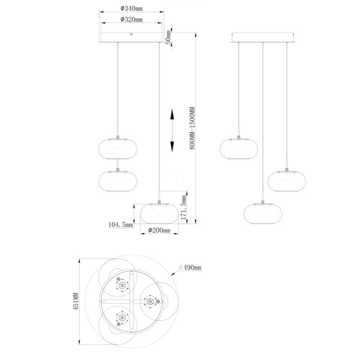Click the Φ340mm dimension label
[131, 8]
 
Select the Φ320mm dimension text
[131, 19]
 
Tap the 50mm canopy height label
[168, 37]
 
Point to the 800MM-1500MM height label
[192, 128]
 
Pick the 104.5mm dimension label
[121, 224]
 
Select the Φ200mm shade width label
[159, 230]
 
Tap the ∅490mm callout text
[190, 268]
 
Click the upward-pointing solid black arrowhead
[172, 114]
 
